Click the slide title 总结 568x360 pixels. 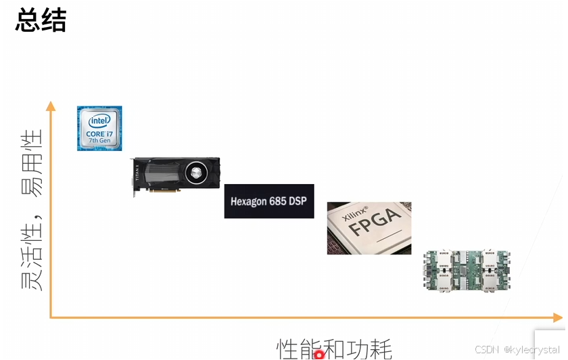[41, 20]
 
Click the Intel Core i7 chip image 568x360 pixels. [99, 128]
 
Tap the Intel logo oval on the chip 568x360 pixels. [99, 120]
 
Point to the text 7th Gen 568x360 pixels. [99, 141]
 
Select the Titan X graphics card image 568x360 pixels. [175, 175]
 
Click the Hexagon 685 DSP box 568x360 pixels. [268, 201]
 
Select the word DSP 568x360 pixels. [299, 202]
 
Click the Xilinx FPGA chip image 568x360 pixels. [369, 227]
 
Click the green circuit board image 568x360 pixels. [467, 271]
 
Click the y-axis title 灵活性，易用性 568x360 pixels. [32, 210]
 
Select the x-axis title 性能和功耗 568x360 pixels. [334, 349]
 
